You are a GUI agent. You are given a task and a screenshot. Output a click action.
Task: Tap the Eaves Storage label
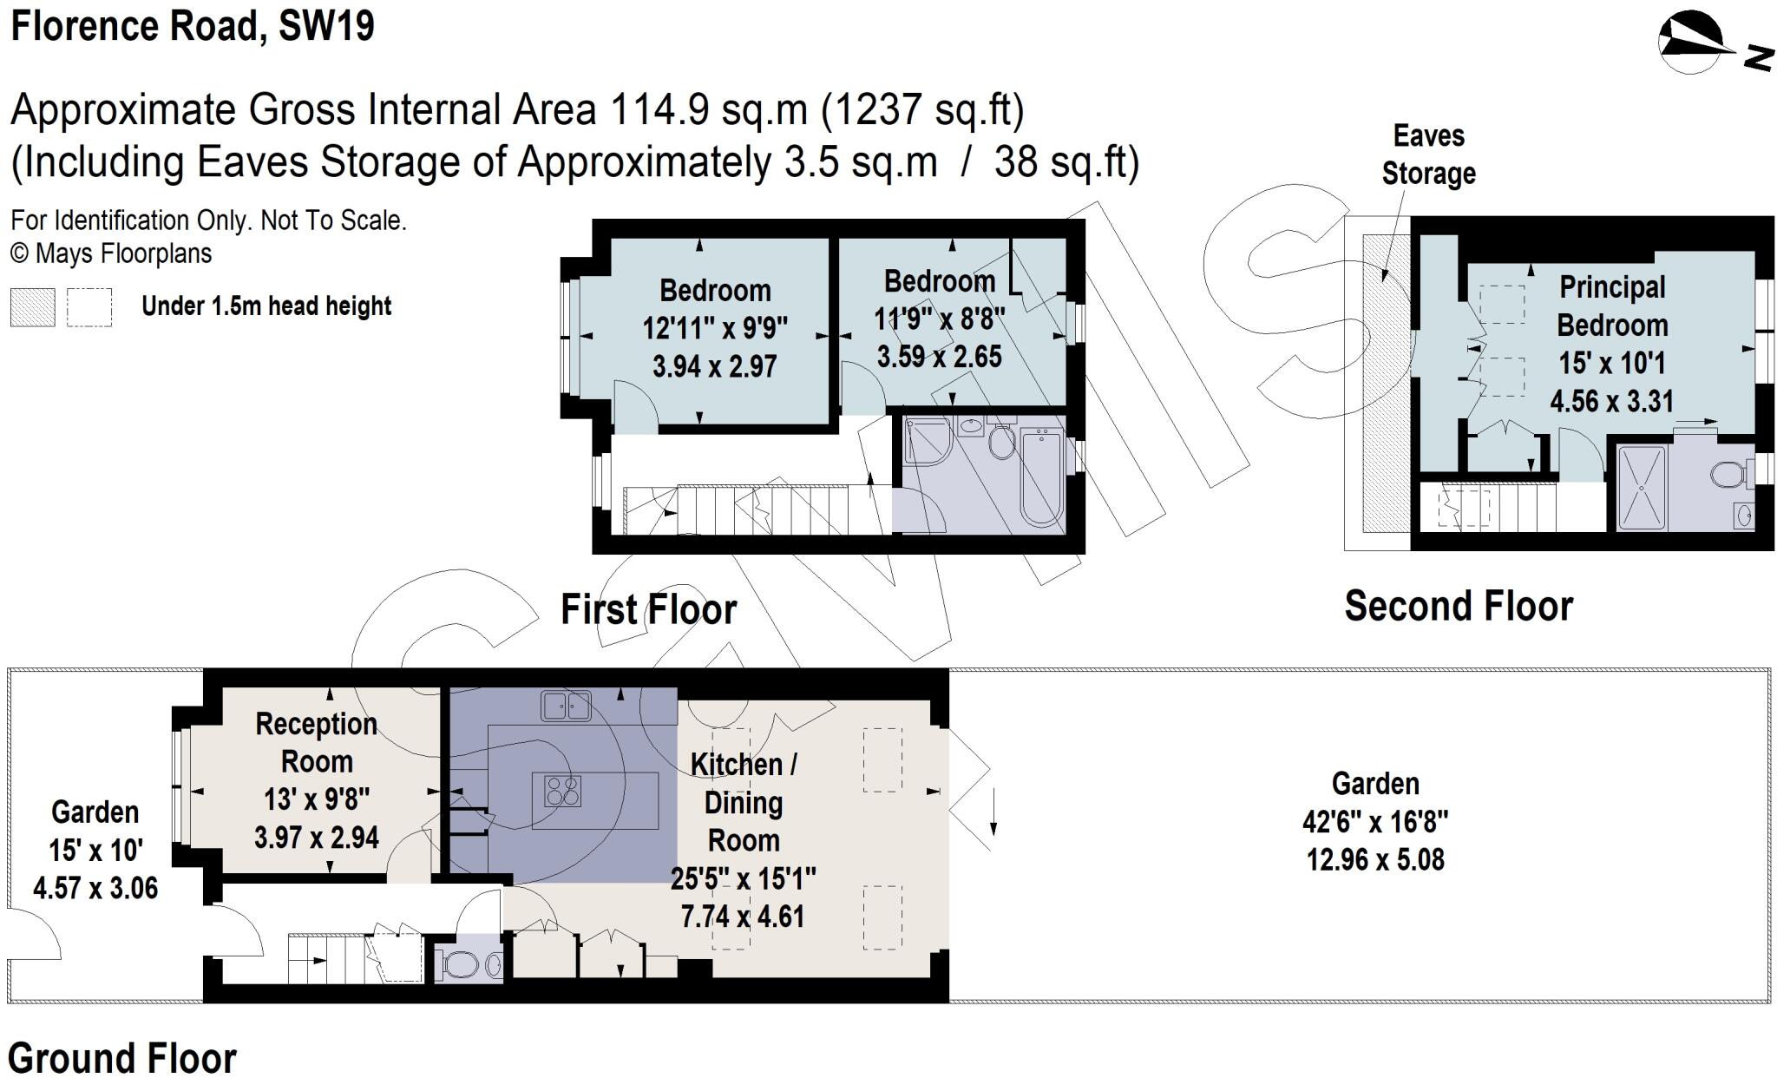[x=1428, y=154]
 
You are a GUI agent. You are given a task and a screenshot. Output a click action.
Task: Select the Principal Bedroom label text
[x=1612, y=306]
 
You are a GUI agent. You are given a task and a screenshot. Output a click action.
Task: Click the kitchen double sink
[x=566, y=706]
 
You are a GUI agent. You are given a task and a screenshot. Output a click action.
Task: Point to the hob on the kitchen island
[x=561, y=792]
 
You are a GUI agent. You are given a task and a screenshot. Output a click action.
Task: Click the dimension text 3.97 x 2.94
[x=316, y=838]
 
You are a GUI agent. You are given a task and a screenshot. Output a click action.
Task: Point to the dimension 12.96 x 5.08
[x=1375, y=859]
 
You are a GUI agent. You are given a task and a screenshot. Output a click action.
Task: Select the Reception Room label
[x=316, y=742]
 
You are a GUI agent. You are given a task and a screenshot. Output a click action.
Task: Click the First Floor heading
[x=648, y=609]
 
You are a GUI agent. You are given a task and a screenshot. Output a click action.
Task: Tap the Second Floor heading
[x=1458, y=606]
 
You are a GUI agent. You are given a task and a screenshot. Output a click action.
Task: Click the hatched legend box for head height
[x=32, y=307]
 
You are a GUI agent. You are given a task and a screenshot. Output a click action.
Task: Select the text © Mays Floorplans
[x=111, y=253]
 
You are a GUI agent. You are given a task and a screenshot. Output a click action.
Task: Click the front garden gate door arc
[x=36, y=936]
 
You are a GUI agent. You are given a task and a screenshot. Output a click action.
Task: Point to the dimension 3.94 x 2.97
[x=714, y=366]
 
